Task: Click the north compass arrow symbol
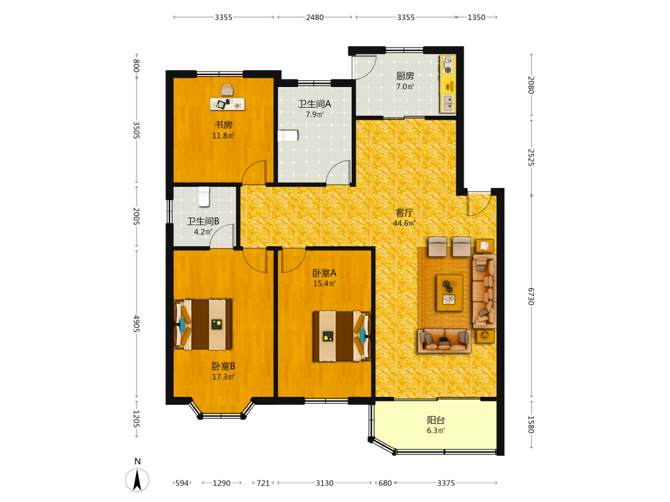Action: point(137,480)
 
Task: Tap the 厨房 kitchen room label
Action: point(405,76)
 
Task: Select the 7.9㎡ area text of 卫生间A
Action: point(314,114)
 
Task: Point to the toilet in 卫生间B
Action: point(204,196)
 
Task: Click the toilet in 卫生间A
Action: point(288,136)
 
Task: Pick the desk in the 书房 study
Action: point(227,104)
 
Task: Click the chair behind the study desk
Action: point(227,90)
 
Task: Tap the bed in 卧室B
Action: point(204,325)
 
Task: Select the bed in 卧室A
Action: point(342,336)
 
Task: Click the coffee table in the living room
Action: point(450,293)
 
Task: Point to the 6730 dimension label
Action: point(531,297)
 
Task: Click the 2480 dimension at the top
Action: point(315,17)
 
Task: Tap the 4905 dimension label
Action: point(136,323)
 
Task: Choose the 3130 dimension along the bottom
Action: point(325,483)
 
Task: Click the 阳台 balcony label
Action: point(436,420)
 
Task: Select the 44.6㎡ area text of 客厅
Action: point(404,224)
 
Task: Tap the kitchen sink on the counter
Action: point(448,103)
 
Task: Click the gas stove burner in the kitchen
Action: point(448,64)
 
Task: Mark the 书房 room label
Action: point(224,125)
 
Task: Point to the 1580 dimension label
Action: point(531,424)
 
